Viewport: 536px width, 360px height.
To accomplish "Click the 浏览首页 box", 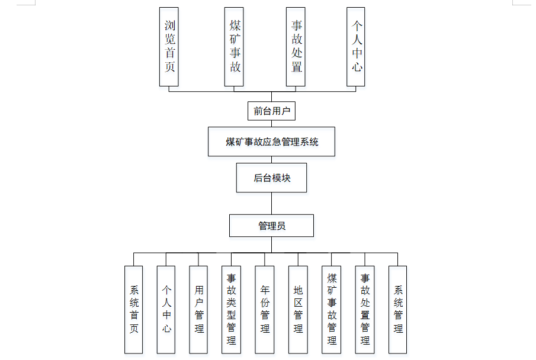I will pos(169,47).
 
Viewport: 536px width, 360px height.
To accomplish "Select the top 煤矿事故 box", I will pos(235,47).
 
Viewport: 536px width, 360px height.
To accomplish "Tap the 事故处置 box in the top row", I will pos(296,47).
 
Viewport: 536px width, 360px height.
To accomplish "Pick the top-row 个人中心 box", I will pos(356,47).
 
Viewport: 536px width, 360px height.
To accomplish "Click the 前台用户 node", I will pos(271,111).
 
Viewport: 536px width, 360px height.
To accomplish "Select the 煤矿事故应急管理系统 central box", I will pos(271,142).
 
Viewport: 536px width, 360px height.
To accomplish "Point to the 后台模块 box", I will pos(271,178).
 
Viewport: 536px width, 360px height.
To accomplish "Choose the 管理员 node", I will pos(271,226).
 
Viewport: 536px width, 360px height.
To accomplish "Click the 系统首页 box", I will pos(134,309).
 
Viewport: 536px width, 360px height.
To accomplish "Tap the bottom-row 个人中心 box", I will pos(166,309).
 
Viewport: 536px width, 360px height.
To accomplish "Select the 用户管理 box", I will pos(199,309).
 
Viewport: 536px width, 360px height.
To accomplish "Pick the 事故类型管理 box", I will pos(232,309).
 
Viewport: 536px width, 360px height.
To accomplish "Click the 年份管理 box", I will pos(265,309).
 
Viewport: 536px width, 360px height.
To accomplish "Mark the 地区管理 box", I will pos(298,309).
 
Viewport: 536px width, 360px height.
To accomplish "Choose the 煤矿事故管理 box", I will pos(332,309).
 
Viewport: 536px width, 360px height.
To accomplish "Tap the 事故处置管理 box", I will pos(365,309).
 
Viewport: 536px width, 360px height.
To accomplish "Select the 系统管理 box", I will pos(398,309).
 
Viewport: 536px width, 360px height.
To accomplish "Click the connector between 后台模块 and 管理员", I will pos(271,203).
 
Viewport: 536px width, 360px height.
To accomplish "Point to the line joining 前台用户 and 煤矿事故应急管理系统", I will pos(271,124).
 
